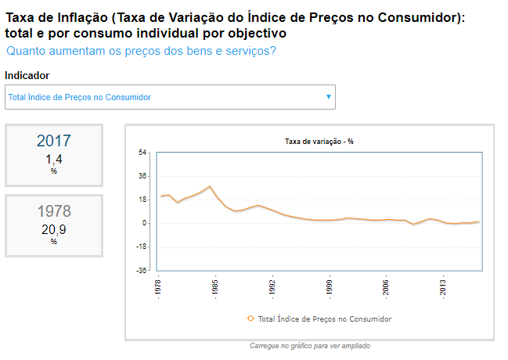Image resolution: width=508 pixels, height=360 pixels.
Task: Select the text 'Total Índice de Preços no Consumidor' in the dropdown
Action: pyautogui.click(x=79, y=97)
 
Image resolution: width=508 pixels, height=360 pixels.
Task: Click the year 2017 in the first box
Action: pyautogui.click(x=53, y=141)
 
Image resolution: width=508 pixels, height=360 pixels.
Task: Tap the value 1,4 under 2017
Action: pyautogui.click(x=53, y=160)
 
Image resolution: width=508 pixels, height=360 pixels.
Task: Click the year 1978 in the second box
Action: pyautogui.click(x=53, y=211)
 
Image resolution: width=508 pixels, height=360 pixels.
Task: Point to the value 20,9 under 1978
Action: pyautogui.click(x=53, y=229)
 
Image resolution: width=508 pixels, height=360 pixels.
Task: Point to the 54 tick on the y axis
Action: pyautogui.click(x=143, y=152)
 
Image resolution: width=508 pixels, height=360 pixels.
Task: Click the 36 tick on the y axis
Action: pyautogui.click(x=143, y=176)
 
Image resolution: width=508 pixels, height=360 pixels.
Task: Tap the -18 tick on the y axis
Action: pyautogui.click(x=142, y=247)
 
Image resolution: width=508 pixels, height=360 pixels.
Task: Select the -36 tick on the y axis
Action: pyautogui.click(x=142, y=271)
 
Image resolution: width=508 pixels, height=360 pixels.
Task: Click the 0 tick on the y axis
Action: pyautogui.click(x=145, y=223)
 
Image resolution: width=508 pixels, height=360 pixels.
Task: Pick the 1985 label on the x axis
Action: pyautogui.click(x=216, y=286)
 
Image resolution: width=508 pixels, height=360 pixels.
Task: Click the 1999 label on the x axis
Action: pyautogui.click(x=330, y=286)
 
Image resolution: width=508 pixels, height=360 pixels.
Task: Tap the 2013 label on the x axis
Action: pyautogui.click(x=443, y=286)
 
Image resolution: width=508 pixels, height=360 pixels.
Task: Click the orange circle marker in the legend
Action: pyautogui.click(x=250, y=319)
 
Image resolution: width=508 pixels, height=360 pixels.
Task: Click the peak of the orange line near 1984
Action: pyautogui.click(x=210, y=186)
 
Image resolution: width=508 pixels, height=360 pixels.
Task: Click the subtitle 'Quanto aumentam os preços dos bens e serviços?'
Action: pyautogui.click(x=141, y=51)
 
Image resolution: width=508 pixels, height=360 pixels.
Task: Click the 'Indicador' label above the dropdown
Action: pyautogui.click(x=27, y=76)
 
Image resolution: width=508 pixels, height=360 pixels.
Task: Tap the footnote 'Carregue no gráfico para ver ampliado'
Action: pyautogui.click(x=309, y=345)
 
